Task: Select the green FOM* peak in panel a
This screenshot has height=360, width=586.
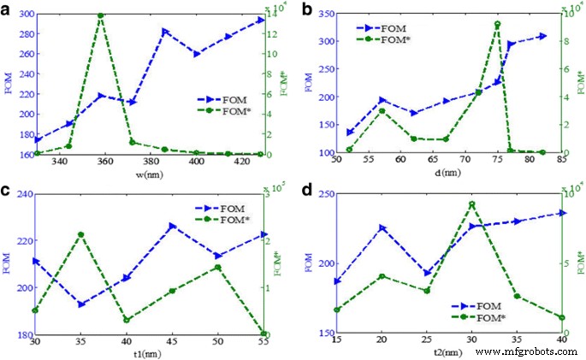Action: tap(101, 15)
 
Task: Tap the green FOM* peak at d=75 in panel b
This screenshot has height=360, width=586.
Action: tap(497, 24)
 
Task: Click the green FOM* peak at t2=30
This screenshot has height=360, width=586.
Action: tap(471, 204)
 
